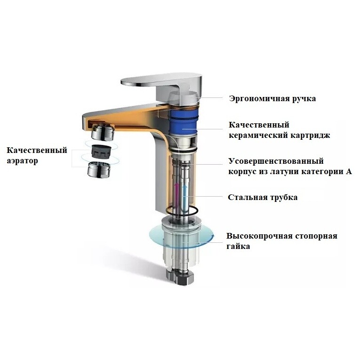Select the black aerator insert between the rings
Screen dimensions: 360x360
click(100, 151)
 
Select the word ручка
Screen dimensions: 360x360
click(301, 99)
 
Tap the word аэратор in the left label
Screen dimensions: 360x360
click(22, 161)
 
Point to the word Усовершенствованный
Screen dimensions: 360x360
click(276, 161)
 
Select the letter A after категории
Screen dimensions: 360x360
click(349, 172)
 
